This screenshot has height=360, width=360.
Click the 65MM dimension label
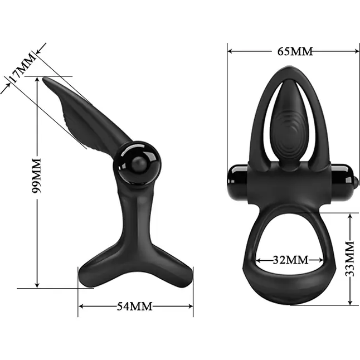point(295,51)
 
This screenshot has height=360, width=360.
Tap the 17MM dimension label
point(22,68)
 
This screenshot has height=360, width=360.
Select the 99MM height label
point(37,176)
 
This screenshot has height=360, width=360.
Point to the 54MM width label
point(134,306)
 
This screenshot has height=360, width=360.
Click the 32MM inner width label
point(290,260)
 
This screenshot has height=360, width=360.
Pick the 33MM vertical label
point(350,259)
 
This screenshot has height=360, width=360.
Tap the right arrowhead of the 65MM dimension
point(356,51)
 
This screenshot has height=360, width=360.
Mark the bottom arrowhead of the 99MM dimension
point(37,285)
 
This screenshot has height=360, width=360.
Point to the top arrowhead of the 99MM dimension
point(37,80)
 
